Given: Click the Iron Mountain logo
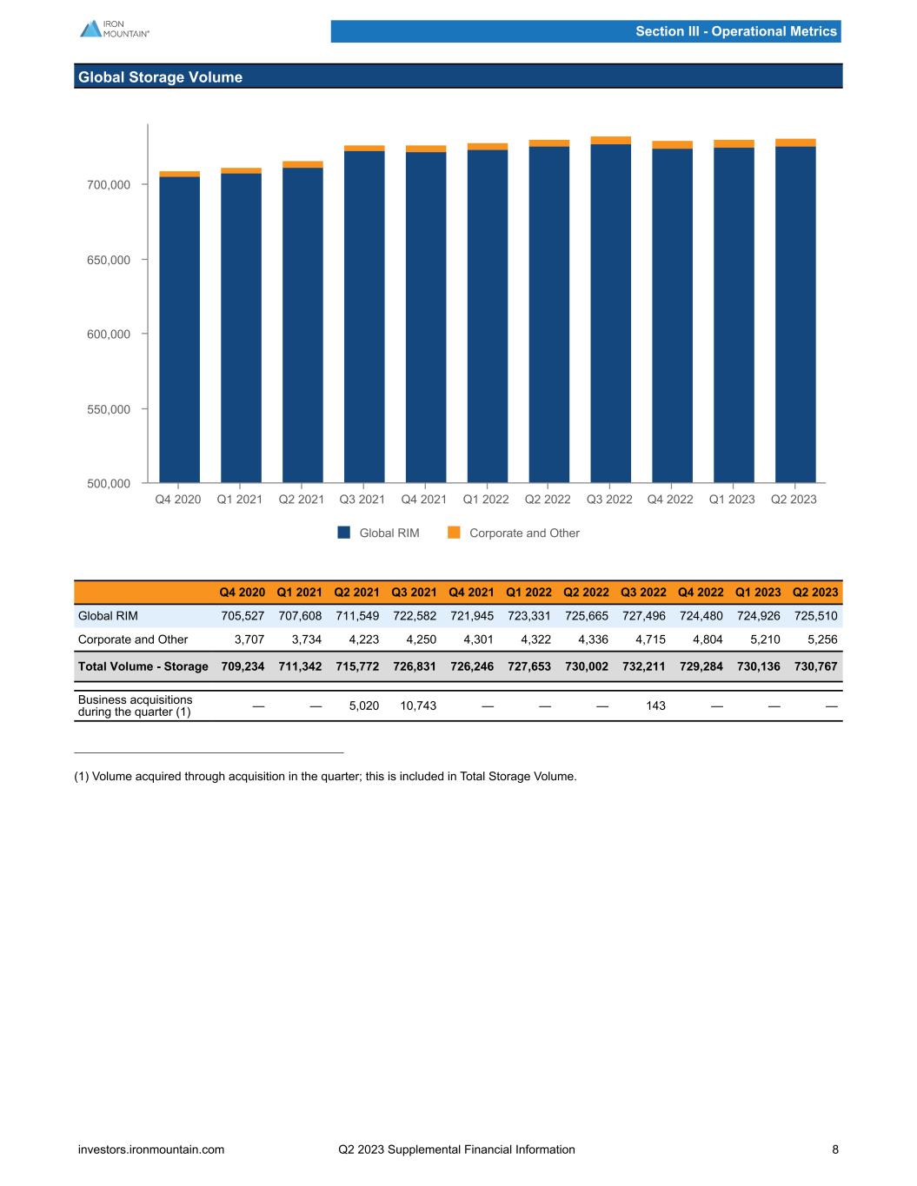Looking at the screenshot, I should (114, 29).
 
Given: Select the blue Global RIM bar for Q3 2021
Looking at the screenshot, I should (364, 317).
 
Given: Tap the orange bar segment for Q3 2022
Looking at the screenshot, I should (610, 140).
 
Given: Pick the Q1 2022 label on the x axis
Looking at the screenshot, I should (486, 500).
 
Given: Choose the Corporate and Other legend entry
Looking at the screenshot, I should (514, 533).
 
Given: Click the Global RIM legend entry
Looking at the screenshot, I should (379, 533).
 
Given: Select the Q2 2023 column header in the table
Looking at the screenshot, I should (815, 593).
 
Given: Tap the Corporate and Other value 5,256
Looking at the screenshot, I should (821, 639).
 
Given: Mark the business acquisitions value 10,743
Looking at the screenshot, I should (417, 706).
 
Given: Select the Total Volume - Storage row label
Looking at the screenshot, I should (143, 666).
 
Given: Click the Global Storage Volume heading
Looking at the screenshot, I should (160, 77).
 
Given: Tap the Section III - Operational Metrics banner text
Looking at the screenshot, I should (735, 31).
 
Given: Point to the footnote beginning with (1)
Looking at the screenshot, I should (325, 776).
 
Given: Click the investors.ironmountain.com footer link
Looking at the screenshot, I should (151, 1150).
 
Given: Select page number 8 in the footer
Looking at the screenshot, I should (835, 1150).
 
